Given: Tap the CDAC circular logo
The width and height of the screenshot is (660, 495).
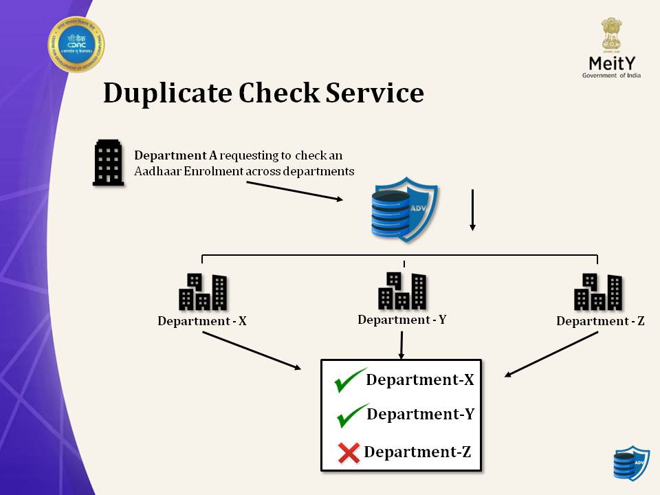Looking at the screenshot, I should [x=76, y=45].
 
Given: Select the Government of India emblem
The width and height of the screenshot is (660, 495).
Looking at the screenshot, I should [x=611, y=34].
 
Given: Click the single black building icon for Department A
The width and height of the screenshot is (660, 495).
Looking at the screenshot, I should [x=108, y=163].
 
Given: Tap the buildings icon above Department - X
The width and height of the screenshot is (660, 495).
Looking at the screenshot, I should [x=202, y=292].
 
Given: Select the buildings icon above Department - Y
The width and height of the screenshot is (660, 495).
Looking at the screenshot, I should [x=402, y=291].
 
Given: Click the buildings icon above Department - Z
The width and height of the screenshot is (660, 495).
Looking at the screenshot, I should [x=598, y=292].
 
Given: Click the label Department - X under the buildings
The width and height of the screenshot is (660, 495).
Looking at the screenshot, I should [x=202, y=321].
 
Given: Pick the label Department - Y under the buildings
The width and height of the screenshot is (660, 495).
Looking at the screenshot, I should [x=402, y=320].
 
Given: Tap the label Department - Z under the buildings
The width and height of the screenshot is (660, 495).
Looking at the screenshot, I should [x=600, y=321].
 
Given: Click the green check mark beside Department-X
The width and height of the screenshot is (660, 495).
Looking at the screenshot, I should [x=349, y=380].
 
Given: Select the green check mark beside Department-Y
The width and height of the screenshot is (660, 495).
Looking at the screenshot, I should [x=351, y=415].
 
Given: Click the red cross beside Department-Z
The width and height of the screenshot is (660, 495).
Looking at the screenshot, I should [x=349, y=452].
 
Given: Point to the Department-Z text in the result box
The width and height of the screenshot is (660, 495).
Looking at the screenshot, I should [x=417, y=452].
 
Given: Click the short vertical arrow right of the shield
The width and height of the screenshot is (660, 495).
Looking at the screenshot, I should [x=472, y=210].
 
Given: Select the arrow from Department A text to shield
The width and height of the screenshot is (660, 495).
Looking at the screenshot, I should [x=294, y=192].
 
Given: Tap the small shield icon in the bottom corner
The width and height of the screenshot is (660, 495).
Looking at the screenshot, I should [x=630, y=463].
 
